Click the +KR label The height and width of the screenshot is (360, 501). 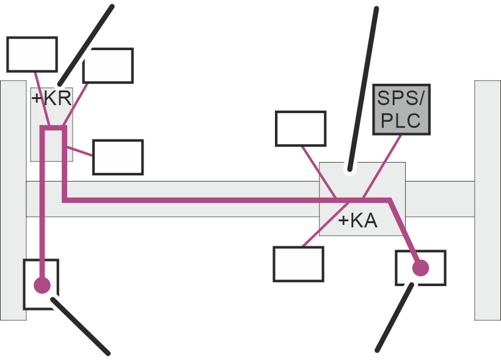[51, 98]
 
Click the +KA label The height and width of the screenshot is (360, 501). [358, 221]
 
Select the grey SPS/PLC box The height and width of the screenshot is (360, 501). [401, 109]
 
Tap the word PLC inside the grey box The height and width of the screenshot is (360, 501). [401, 120]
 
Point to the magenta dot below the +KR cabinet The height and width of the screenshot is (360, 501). [42, 285]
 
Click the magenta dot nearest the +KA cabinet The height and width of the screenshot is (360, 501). [420, 268]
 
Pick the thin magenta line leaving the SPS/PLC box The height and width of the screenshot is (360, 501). [382, 167]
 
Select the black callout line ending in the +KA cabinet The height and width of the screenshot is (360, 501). [364, 89]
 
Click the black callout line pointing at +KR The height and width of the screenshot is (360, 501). [86, 45]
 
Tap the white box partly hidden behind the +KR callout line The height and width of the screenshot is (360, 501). [108, 66]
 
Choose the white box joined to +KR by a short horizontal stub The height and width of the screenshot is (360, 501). [118, 157]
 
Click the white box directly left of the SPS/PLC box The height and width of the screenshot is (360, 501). [301, 128]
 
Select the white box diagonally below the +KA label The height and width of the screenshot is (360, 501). [298, 264]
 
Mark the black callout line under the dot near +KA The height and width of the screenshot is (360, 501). [395, 317]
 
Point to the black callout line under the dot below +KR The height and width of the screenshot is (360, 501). [81, 326]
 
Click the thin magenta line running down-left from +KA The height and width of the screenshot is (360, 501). [326, 224]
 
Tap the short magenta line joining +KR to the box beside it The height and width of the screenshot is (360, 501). [79, 151]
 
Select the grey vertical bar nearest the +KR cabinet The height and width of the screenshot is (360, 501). [13, 200]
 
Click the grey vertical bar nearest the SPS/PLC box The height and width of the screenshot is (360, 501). [488, 200]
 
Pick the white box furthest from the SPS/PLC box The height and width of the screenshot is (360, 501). [32, 54]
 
